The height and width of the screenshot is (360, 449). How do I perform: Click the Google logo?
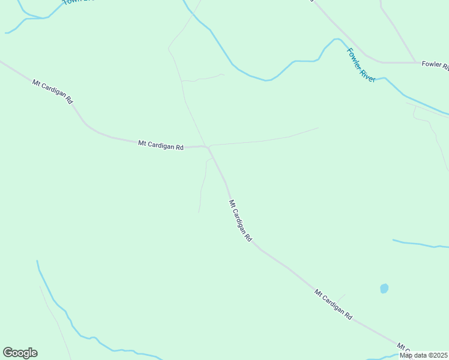click(x=20, y=353)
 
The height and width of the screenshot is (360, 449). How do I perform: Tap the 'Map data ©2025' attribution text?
click(x=424, y=355)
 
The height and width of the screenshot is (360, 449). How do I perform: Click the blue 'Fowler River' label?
click(x=361, y=65)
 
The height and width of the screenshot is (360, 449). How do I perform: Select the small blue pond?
click(x=384, y=289)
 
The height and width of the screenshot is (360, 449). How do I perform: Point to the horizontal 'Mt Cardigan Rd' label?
click(x=160, y=145)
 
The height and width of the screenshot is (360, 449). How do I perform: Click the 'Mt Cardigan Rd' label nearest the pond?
click(x=333, y=304)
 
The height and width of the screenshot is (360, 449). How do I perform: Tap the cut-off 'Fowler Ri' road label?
click(x=435, y=64)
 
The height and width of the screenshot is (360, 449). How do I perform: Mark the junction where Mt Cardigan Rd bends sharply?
click(x=208, y=147)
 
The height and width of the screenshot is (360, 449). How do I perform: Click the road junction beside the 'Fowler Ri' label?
click(x=416, y=62)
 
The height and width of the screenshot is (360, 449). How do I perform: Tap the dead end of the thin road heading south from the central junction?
click(x=199, y=212)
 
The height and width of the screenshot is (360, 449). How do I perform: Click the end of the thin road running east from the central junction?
click(x=318, y=127)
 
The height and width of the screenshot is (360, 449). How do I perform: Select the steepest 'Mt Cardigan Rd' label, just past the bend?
click(x=240, y=221)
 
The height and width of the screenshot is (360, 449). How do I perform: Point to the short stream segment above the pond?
click(x=420, y=244)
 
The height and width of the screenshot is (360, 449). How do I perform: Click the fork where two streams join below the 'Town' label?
click(x=25, y=19)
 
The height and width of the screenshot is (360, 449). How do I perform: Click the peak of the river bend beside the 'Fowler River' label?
click(x=336, y=40)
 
